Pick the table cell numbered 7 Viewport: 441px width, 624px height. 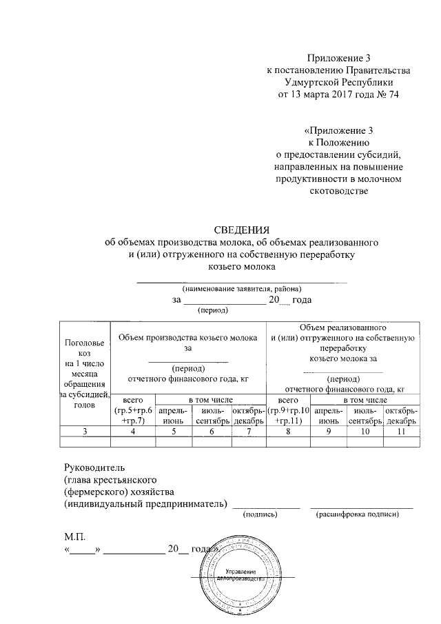click(x=248, y=431)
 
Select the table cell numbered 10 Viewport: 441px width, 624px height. click(x=365, y=431)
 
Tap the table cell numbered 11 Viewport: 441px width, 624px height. click(x=402, y=431)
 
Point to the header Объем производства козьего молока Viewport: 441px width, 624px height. click(x=187, y=337)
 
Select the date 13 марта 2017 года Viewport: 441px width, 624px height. click(x=329, y=94)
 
